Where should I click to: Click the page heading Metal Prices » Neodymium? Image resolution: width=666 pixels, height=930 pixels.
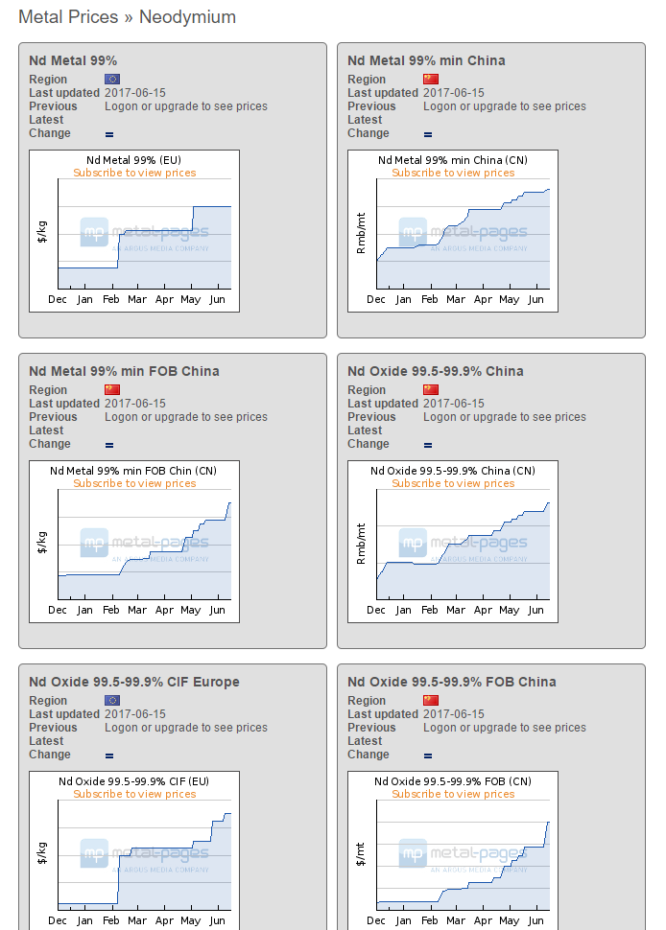pos(127,17)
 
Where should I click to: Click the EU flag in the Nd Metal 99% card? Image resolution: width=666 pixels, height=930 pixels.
pos(112,80)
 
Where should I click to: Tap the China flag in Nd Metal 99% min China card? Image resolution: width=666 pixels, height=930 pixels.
pos(431,80)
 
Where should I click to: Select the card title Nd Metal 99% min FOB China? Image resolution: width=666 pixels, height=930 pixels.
pos(124,371)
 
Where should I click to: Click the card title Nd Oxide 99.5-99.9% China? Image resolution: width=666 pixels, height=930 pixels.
pos(435,371)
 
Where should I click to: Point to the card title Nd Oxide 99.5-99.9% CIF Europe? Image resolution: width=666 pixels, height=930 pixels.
pos(134,682)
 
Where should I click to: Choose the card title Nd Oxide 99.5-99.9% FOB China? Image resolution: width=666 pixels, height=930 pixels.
pos(451,682)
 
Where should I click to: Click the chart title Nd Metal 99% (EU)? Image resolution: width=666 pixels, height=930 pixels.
pos(134,160)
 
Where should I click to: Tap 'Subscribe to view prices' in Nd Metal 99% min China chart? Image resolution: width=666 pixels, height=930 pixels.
pos(453,174)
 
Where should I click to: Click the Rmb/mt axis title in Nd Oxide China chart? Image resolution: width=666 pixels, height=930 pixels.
pos(362,544)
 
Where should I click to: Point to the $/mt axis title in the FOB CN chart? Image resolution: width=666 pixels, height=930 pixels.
pos(362,854)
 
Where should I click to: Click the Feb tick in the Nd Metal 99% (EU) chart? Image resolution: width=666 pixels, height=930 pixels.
pos(111,300)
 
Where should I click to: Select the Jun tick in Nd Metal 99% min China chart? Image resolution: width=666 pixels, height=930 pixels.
pos(535,300)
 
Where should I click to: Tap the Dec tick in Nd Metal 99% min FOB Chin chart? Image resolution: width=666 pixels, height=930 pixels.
pos(58,611)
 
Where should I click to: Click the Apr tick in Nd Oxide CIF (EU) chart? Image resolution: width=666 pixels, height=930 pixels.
pos(164,921)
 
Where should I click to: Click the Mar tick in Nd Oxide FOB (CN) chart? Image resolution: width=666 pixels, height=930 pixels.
pos(456,921)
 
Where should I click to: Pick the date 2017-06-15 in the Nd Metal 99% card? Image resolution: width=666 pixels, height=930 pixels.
pos(135,93)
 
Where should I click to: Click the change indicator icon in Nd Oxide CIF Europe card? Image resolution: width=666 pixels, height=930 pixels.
pos(109,756)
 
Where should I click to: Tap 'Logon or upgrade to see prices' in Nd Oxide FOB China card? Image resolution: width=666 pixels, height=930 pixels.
pos(505,728)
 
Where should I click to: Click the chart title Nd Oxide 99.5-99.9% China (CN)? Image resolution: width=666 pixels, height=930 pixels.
pos(453,471)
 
